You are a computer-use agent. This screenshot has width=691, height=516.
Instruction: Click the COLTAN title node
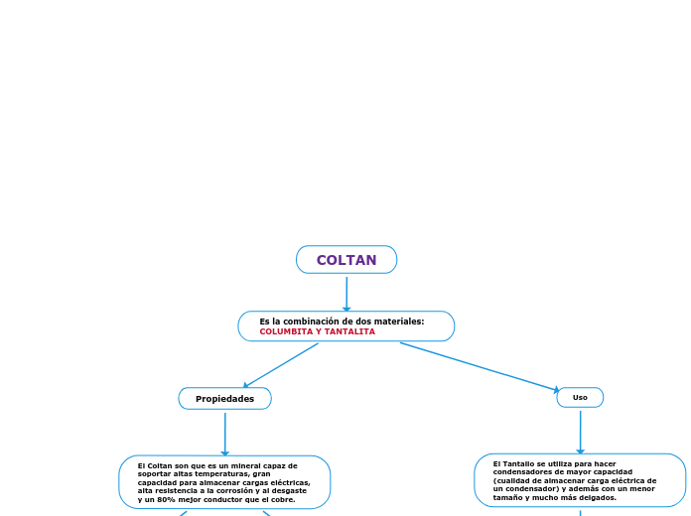(346, 260)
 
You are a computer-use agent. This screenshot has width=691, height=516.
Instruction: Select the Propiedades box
(224, 399)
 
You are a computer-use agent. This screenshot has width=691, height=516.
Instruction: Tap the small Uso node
(580, 397)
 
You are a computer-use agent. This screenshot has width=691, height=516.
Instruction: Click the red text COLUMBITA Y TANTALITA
(318, 331)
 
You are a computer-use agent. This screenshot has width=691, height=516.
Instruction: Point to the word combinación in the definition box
(323, 322)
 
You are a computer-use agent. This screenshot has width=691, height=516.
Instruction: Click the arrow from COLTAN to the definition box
(346, 293)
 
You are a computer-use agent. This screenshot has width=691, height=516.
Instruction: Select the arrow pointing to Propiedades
(281, 365)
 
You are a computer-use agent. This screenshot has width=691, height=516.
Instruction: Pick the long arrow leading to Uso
(481, 367)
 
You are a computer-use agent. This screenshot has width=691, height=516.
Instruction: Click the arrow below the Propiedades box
(225, 434)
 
